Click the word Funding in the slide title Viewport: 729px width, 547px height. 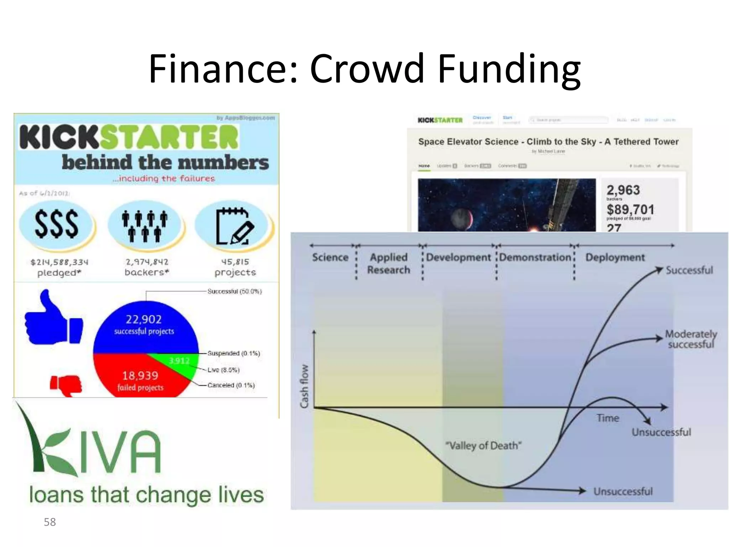(x=509, y=68)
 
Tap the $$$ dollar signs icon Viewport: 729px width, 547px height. (x=56, y=224)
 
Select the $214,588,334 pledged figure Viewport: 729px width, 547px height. (x=59, y=262)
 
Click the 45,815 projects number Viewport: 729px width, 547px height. (x=235, y=262)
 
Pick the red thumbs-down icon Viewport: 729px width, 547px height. (x=67, y=385)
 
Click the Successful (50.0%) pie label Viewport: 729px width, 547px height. (x=235, y=291)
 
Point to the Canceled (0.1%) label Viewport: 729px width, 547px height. (x=231, y=385)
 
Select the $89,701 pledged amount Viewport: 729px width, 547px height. (x=630, y=209)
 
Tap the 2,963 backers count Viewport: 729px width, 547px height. (x=623, y=190)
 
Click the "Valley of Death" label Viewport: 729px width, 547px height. (x=483, y=446)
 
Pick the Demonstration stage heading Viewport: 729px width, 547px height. (x=535, y=257)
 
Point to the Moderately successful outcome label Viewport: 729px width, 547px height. (x=691, y=339)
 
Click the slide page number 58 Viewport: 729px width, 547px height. (x=50, y=522)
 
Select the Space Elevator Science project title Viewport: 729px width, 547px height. (x=548, y=142)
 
